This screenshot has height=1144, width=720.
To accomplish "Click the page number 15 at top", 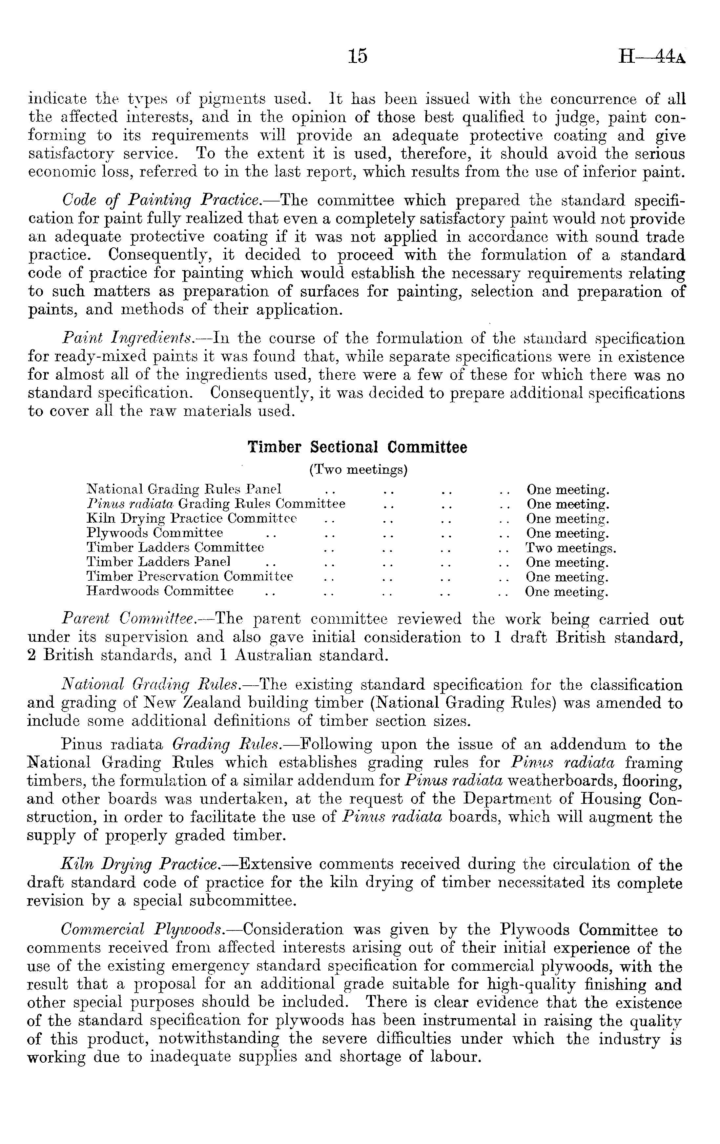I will click(358, 56).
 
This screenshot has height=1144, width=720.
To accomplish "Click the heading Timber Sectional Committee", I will click(357, 447).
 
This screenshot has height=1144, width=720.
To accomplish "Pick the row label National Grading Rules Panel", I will click(184, 489).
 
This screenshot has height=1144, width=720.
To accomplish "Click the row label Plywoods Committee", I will click(154, 532).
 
